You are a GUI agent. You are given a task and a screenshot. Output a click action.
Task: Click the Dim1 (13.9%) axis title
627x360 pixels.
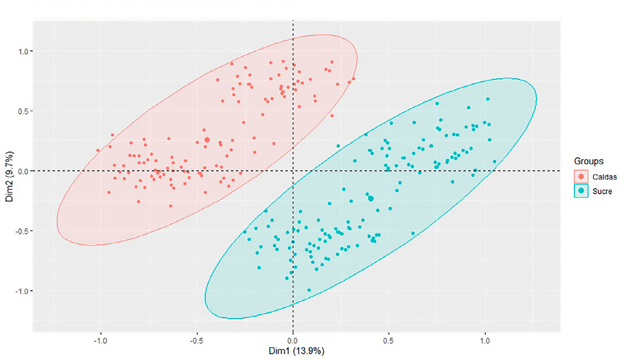pyautogui.click(x=296, y=351)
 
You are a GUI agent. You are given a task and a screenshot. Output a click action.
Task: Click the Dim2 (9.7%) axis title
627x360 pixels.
pyautogui.click(x=9, y=177)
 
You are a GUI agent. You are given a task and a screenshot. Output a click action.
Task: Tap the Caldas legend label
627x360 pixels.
pyautogui.click(x=604, y=177)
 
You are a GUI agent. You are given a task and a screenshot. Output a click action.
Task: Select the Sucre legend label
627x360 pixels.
pyautogui.click(x=602, y=191)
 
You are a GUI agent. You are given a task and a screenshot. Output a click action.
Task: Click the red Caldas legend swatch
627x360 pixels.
pyautogui.click(x=581, y=177)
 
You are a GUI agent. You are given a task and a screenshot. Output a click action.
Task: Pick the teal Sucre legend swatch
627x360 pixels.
pyautogui.click(x=581, y=191)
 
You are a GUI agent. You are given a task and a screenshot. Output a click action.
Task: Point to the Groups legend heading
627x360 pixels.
pyautogui.click(x=588, y=161)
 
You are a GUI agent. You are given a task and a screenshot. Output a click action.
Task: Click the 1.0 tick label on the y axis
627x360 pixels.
pyautogui.click(x=23, y=52)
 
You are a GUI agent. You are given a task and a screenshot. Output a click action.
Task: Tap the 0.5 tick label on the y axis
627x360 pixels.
pyautogui.click(x=23, y=112)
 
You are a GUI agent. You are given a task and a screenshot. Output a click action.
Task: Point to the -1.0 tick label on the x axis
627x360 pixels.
pyautogui.click(x=100, y=341)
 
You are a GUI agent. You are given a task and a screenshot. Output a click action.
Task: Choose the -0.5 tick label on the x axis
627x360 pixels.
pyautogui.click(x=196, y=341)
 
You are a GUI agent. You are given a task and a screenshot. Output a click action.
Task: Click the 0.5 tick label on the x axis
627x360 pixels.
pyautogui.click(x=388, y=341)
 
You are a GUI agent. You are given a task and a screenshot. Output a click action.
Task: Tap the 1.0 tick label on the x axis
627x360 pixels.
pyautogui.click(x=485, y=341)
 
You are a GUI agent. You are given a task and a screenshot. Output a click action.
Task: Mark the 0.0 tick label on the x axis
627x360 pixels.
pyautogui.click(x=292, y=341)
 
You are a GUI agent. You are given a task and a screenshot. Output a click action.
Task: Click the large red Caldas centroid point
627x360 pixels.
pyautogui.click(x=207, y=140)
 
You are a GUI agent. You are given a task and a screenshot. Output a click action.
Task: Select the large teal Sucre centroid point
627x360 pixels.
pyautogui.click(x=371, y=199)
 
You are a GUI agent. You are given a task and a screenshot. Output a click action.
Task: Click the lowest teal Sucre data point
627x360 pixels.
pyautogui.click(x=309, y=290)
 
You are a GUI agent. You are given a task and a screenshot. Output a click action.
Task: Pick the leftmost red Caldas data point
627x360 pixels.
pyautogui.click(x=98, y=151)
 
